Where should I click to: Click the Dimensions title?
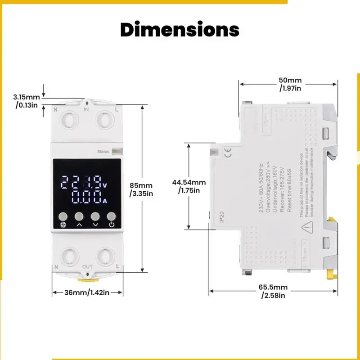[180, 30]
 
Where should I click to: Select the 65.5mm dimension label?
[274, 291]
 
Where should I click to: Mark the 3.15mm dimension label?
[27, 101]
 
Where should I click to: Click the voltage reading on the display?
[81, 182]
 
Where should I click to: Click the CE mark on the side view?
[228, 153]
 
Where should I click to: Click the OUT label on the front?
[87, 267]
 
